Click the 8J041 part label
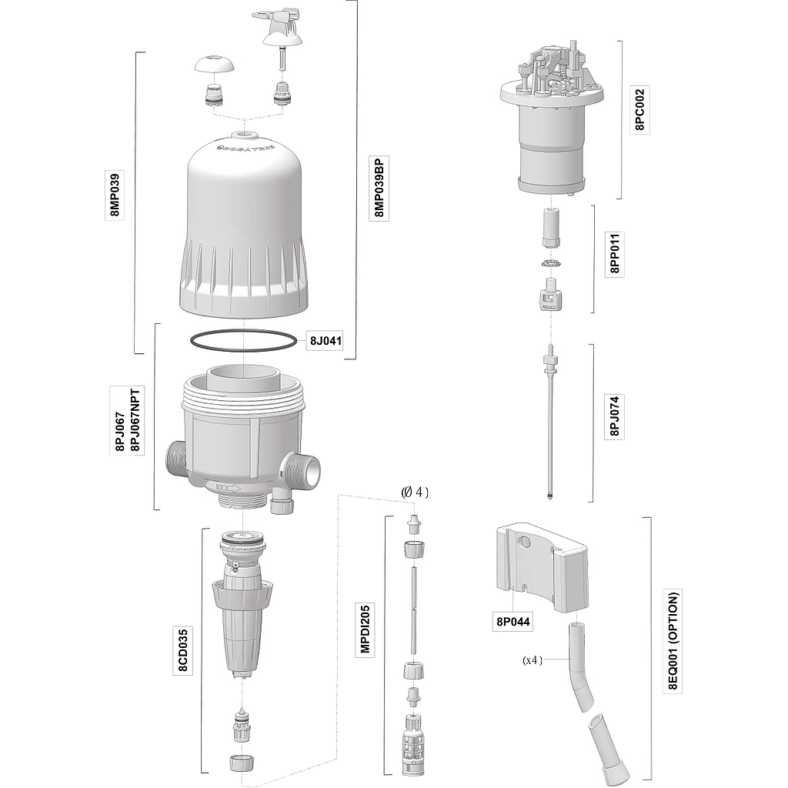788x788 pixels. (x=326, y=341)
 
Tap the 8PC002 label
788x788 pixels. (x=639, y=109)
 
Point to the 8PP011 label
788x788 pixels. (x=615, y=253)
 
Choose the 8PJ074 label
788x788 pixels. (x=615, y=416)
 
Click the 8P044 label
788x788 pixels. (x=513, y=622)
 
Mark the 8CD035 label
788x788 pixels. (x=183, y=649)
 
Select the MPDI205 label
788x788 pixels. (x=365, y=629)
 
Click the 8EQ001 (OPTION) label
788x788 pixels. (x=673, y=641)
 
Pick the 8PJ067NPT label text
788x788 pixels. (x=135, y=421)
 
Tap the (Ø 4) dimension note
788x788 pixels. (x=415, y=492)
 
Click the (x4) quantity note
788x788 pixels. (x=533, y=659)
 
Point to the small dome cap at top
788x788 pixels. (x=215, y=65)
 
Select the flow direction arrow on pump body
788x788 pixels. (x=229, y=487)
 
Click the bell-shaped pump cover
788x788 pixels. (x=243, y=226)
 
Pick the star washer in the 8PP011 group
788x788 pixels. (x=551, y=263)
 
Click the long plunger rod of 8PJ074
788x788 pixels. (x=550, y=427)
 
